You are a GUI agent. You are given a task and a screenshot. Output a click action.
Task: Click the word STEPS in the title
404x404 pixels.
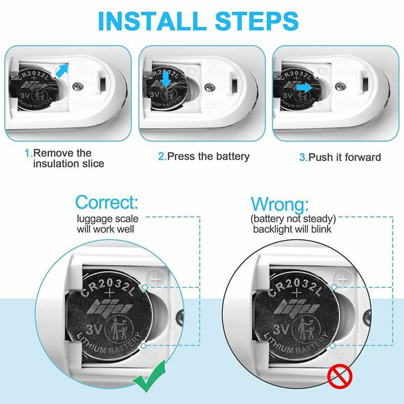257,21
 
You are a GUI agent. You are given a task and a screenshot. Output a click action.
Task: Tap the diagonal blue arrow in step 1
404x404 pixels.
62,70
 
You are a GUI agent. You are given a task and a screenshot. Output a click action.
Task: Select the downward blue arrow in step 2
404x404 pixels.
166,79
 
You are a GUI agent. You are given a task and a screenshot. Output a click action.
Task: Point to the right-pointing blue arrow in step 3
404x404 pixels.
304,88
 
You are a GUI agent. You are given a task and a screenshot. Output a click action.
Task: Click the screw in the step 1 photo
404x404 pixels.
78,86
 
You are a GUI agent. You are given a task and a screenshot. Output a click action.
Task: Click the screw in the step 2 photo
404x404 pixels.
210,87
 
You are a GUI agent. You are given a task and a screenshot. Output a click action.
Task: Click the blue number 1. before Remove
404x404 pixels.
29,153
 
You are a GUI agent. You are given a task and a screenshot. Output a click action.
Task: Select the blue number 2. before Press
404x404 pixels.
163,157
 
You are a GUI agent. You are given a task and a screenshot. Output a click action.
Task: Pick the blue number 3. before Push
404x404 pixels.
304,157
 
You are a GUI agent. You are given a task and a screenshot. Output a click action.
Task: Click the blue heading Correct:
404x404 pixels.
107,202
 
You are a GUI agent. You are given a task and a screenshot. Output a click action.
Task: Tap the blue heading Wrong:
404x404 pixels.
280,205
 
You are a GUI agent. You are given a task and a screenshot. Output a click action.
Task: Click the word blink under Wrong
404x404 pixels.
321,229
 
